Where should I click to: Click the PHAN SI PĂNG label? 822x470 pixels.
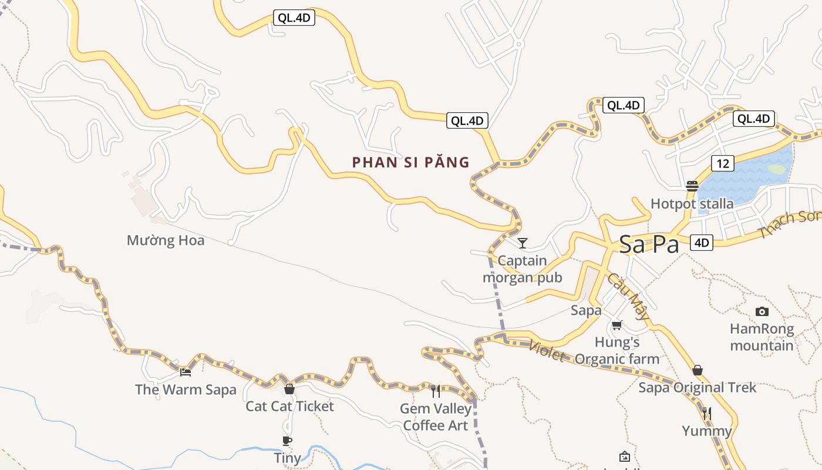coord(411,162)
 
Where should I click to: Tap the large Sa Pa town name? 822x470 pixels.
coord(649,245)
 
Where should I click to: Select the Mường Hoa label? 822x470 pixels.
coord(166,240)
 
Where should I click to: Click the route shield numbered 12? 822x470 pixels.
coord(722,163)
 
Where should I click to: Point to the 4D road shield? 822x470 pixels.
coord(701,242)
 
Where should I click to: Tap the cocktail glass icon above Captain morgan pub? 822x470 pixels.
coord(523,243)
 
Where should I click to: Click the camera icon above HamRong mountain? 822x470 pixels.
coord(762,311)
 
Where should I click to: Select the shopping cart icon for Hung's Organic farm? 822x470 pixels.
coord(616,325)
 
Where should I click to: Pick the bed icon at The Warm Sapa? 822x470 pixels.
coord(186,372)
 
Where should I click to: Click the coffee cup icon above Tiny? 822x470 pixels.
coord(287,441)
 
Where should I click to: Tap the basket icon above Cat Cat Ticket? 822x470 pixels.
coord(289,389)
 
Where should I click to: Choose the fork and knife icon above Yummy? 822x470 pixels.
coord(707,414)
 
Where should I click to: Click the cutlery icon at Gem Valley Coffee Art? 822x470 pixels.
coord(436,391)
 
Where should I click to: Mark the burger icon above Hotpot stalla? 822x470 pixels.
coord(692,186)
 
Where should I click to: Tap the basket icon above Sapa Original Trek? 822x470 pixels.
coord(698,370)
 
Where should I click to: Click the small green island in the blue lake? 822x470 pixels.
coord(776,169)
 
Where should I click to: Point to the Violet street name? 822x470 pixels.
coord(547,351)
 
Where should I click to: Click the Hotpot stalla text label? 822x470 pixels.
coord(692,204)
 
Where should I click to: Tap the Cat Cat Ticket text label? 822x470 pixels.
coord(289,406)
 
